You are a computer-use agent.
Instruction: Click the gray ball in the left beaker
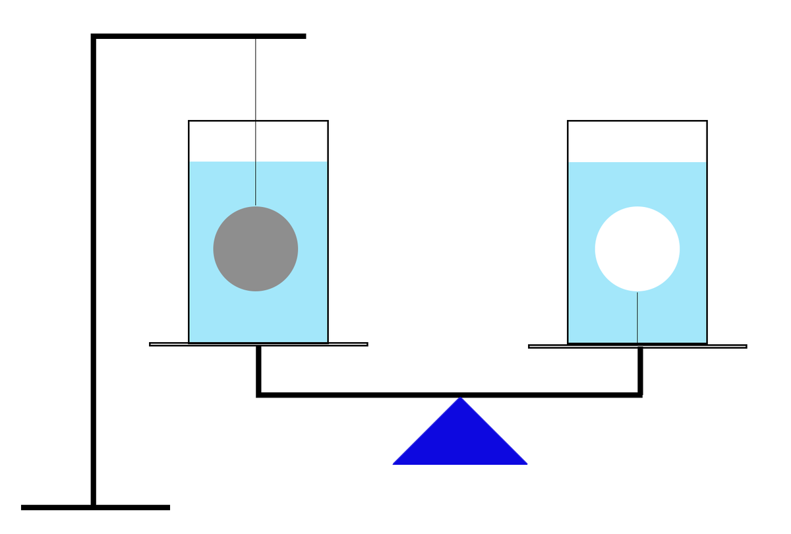coord(256,249)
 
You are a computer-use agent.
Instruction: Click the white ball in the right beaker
coord(637,249)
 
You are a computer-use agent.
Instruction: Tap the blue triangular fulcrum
coord(460,442)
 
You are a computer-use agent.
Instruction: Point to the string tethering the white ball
coord(637,316)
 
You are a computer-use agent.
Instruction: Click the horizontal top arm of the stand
coord(198,36)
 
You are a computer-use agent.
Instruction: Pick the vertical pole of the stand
coord(94,264)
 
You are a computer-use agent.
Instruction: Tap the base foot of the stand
coord(96,507)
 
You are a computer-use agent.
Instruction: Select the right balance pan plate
coord(725,346)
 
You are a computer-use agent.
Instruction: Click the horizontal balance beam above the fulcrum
coord(448,395)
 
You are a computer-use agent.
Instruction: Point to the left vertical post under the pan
coord(259,369)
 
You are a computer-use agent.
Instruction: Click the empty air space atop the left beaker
coord(290,141)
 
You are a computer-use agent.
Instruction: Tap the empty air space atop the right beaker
coord(637,141)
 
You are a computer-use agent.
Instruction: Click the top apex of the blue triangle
coord(460,400)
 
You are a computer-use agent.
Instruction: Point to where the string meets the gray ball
coord(256,206)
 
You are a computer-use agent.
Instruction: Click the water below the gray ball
coord(256,316)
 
